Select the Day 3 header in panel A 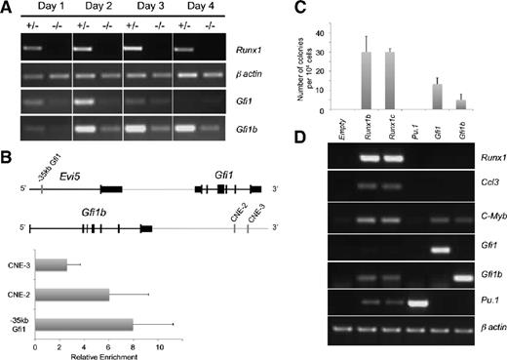[146, 10]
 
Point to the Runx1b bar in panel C [367, 78]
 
